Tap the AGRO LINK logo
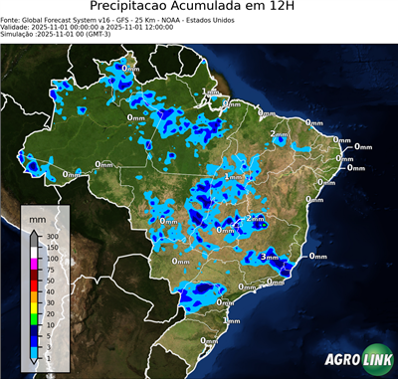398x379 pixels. click(358, 359)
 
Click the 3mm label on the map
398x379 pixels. click(268, 257)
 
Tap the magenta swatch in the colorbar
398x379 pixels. click(35, 264)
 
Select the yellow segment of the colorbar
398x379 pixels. click(35, 307)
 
